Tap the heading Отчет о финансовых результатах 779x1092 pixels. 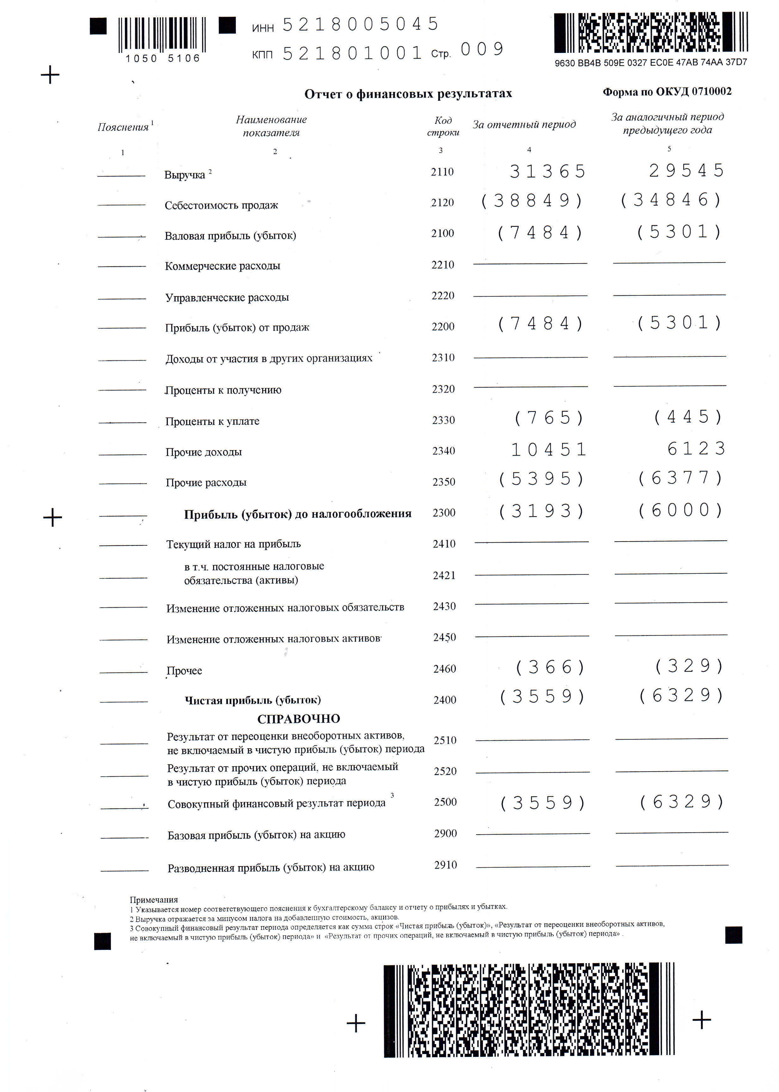[408, 94]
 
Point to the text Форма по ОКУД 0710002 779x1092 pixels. [667, 92]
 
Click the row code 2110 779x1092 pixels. [442, 172]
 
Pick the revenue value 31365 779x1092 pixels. [547, 172]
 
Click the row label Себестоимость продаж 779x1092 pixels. [221, 205]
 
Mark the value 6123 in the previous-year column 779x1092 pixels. [696, 449]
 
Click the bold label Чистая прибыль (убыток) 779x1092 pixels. [253, 701]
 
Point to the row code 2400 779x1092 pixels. [445, 700]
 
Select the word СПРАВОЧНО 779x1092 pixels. [298, 719]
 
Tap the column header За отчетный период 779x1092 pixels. [524, 124]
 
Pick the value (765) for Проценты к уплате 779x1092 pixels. [549, 418]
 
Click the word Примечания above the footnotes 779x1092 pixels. [154, 900]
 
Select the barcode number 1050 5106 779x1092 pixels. [163, 58]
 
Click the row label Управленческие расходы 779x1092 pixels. [227, 297]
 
